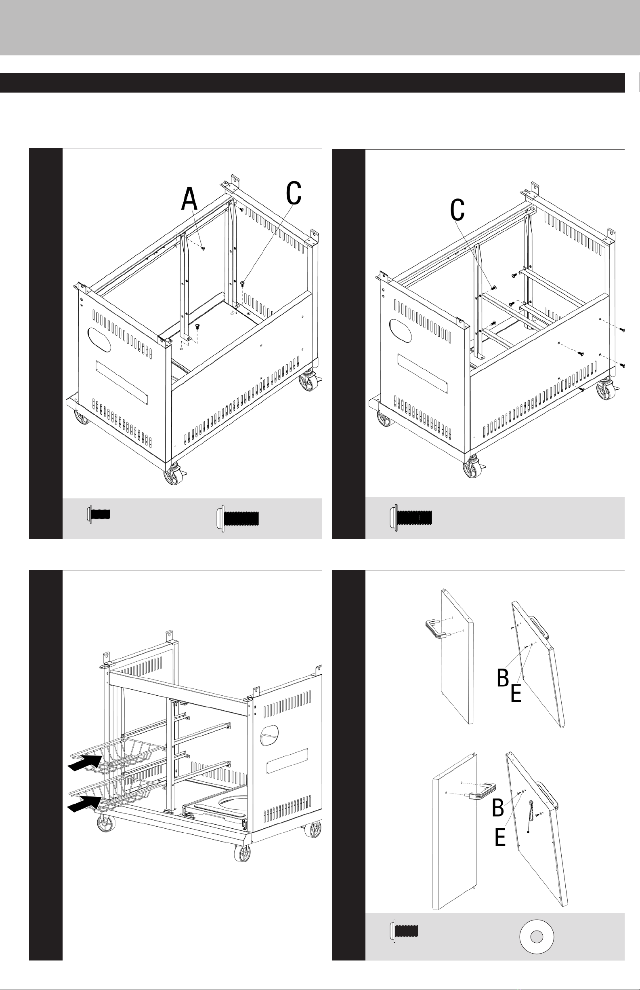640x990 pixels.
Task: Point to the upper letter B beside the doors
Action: (x=503, y=678)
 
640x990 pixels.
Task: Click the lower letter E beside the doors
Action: (x=500, y=837)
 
